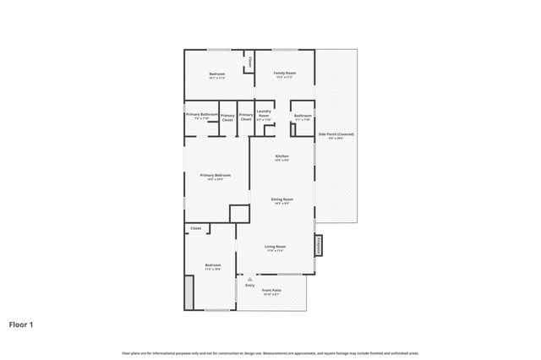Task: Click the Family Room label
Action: (x=284, y=74)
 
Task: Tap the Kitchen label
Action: (x=282, y=157)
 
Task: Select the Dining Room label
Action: (x=281, y=199)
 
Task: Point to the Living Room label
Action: (x=276, y=247)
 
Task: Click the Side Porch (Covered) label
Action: (x=336, y=135)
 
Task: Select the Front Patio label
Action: (x=271, y=291)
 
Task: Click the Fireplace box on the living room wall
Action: (x=319, y=244)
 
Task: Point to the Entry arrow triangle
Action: (x=249, y=279)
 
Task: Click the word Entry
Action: (x=249, y=285)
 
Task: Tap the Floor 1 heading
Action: (x=21, y=324)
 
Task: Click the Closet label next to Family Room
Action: (x=250, y=62)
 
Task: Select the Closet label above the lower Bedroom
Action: (x=195, y=228)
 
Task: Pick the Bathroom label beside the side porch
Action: (x=303, y=116)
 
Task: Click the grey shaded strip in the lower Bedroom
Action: (x=189, y=290)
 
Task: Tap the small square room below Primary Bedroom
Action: (x=239, y=213)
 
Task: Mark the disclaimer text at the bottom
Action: (x=270, y=352)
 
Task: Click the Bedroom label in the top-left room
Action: (x=217, y=74)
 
